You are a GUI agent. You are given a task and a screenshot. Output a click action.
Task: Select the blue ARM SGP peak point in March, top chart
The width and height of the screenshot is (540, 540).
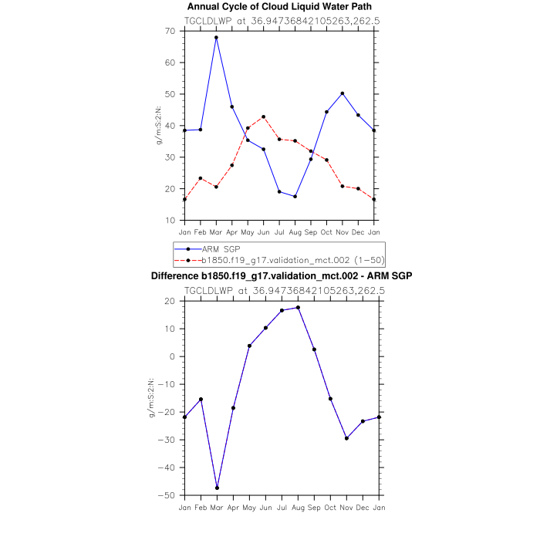tap(216, 37)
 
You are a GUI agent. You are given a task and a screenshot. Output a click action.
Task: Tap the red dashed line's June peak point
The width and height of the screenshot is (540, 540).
tap(264, 116)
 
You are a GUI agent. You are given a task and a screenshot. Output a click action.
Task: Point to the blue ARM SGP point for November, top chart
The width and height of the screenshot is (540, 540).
tap(343, 93)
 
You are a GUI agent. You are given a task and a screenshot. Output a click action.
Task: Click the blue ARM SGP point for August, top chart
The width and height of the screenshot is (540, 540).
tap(295, 197)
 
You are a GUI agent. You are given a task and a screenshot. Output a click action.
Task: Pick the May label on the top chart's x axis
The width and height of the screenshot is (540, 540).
tap(248, 231)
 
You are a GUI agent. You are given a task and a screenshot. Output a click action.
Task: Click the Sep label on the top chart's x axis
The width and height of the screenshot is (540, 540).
tap(311, 231)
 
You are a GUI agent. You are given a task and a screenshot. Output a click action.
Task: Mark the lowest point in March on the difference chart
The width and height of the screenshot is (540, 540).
tap(217, 488)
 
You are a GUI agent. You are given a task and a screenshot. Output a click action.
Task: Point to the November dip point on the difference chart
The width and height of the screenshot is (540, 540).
tap(346, 438)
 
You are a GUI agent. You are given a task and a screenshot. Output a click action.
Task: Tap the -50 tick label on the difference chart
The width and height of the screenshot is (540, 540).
tap(170, 495)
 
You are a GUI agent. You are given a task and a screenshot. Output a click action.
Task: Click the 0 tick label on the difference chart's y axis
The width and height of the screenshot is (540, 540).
tap(174, 356)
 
